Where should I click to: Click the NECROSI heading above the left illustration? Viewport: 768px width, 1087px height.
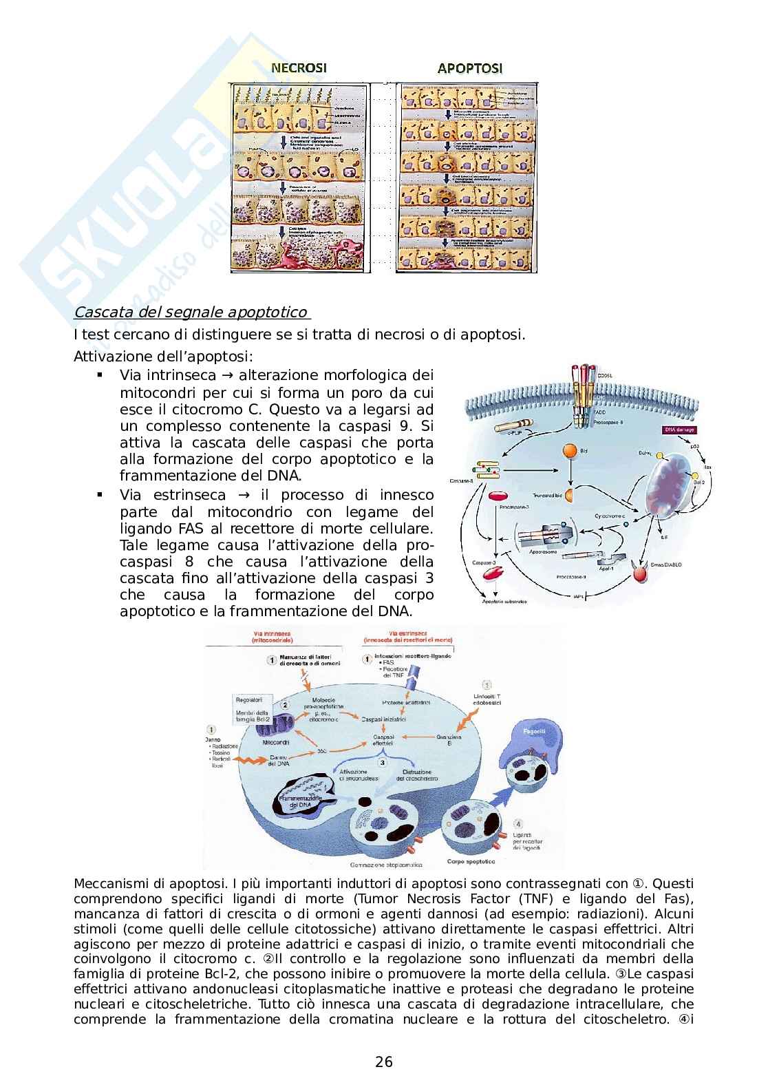point(298,67)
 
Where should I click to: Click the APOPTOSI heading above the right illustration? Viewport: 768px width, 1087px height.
point(470,67)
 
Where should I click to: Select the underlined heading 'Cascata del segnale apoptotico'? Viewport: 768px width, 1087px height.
point(191,313)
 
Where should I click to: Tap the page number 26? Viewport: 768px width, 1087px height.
point(384,1062)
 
